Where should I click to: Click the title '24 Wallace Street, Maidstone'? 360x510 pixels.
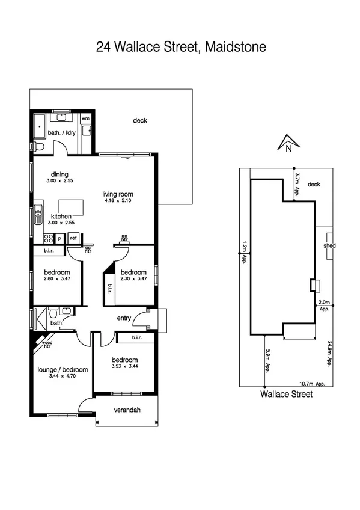click(x=180, y=47)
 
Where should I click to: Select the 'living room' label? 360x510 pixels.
click(x=117, y=194)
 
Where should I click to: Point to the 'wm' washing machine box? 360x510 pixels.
click(x=85, y=119)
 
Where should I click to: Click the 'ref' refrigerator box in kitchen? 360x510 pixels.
click(x=73, y=238)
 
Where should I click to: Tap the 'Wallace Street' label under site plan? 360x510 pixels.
click(x=286, y=395)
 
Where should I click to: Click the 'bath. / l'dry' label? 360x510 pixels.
click(x=61, y=133)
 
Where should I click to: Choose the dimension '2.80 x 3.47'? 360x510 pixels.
click(x=58, y=279)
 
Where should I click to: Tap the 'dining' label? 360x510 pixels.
click(x=59, y=174)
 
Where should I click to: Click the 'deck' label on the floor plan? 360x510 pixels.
click(x=140, y=121)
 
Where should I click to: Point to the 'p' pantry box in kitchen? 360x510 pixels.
click(x=59, y=238)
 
